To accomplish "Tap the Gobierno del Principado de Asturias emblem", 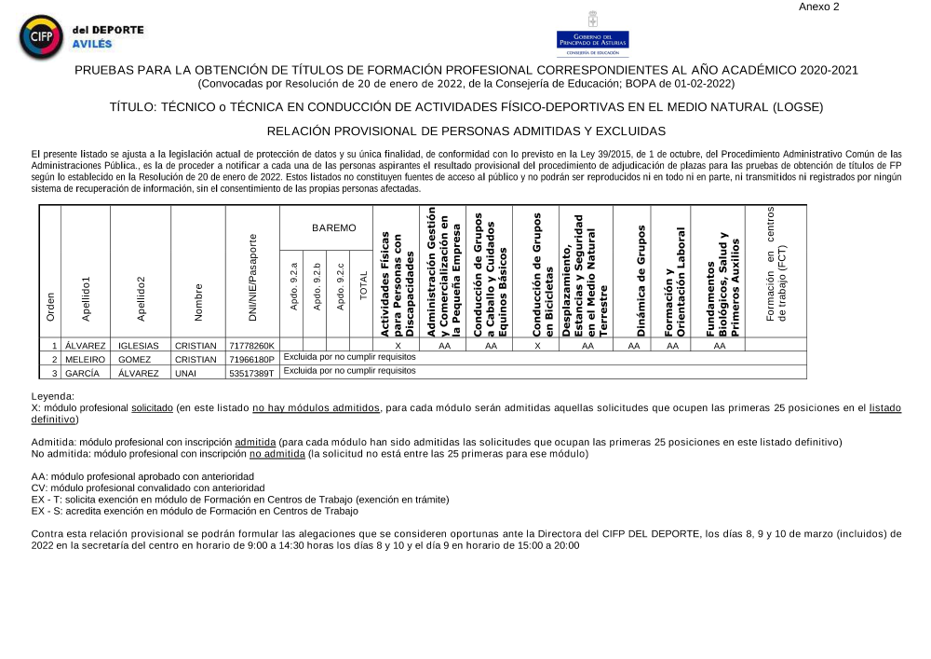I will (x=592, y=33).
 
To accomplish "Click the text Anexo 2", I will (x=819, y=7).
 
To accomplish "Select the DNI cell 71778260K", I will (x=251, y=346).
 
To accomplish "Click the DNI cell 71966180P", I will (x=251, y=359).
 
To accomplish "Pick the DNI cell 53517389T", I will (x=251, y=373).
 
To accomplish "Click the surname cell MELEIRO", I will (x=85, y=359).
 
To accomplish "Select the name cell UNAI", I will (x=189, y=373).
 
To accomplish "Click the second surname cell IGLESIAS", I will (x=139, y=346).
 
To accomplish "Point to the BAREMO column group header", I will (x=333, y=227).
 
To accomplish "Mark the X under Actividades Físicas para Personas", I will (x=398, y=346).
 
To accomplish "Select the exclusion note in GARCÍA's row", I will (x=349, y=371).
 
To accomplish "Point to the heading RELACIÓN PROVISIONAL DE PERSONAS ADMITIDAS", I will (x=465, y=131).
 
